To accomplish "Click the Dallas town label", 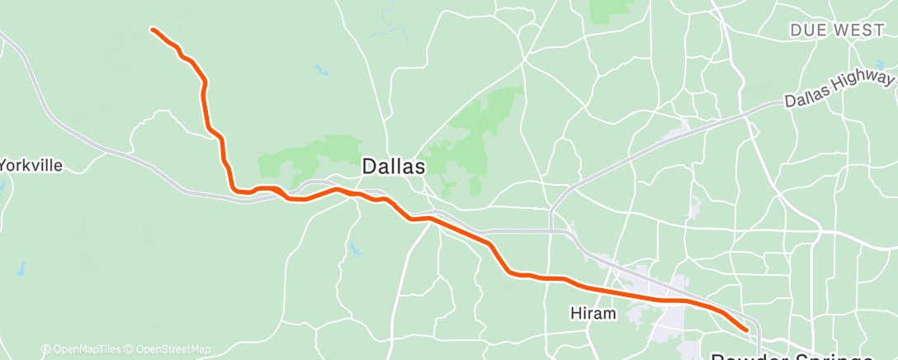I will tap(394, 167).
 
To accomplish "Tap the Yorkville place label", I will tap(31, 165).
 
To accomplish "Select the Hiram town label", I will tap(593, 314).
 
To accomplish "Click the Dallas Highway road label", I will tap(839, 89).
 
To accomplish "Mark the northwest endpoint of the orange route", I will tap(152, 30).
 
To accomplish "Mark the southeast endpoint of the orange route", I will tap(747, 329).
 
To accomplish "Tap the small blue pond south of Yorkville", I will tap(20, 269).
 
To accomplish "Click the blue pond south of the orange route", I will tap(353, 248).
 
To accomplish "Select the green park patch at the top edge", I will tap(611, 8).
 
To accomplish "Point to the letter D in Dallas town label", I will tap(370, 167).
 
